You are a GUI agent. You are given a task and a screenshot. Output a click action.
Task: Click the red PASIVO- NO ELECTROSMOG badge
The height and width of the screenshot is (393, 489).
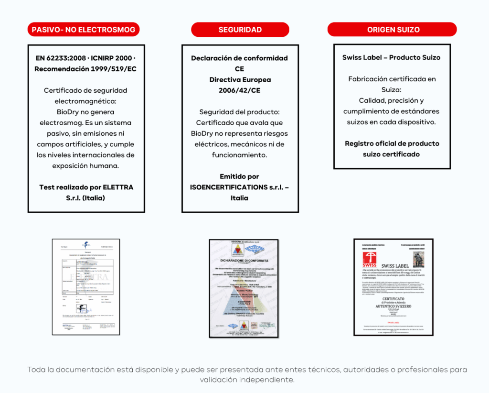click(x=84, y=30)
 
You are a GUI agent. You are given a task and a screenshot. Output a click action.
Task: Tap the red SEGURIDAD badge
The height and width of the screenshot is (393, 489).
click(x=240, y=30)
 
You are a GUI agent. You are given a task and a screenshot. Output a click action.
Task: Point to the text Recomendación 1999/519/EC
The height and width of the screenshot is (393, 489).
click(x=85, y=69)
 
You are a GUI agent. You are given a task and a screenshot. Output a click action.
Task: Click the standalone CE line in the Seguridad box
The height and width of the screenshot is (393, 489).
click(x=239, y=69)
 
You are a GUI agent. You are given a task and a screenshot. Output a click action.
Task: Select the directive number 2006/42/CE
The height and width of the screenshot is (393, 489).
click(x=239, y=90)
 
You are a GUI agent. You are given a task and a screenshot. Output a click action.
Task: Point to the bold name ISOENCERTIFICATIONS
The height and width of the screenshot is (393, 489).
click(x=227, y=187)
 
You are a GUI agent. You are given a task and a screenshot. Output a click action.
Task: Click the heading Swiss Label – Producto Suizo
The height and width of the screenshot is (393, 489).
click(x=391, y=57)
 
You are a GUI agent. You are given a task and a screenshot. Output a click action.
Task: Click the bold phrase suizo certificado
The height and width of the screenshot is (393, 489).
click(x=391, y=154)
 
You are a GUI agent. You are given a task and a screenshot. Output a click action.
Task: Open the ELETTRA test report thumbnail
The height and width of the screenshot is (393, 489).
click(x=86, y=286)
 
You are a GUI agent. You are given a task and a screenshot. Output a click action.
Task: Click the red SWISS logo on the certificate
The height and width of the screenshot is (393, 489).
click(x=370, y=259)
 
